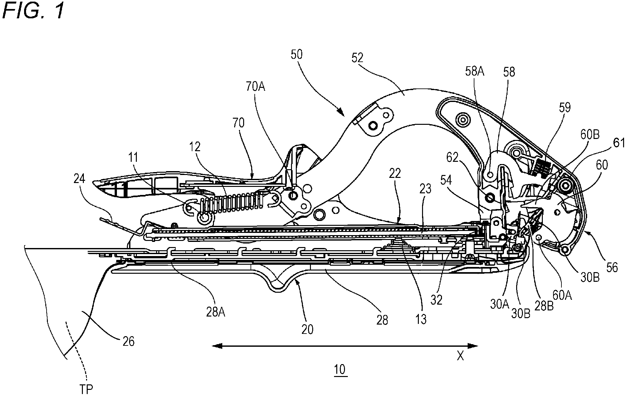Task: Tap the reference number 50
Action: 296,55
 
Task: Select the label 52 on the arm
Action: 357,58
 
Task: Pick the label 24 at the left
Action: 79,179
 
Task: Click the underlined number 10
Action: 340,370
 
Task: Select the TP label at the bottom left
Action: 86,389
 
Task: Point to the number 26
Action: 128,341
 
